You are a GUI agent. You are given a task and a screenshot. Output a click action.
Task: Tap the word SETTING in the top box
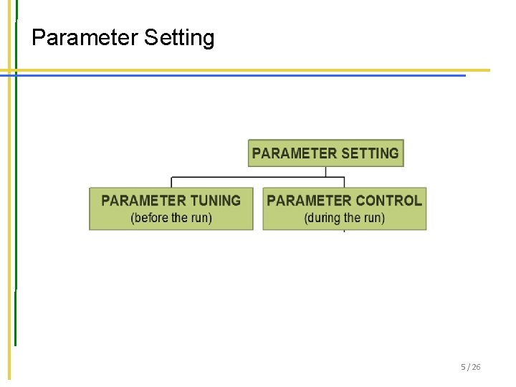click(370, 153)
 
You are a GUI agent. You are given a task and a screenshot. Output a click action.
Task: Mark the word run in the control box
click(372, 217)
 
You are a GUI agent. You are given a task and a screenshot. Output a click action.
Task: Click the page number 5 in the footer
click(464, 367)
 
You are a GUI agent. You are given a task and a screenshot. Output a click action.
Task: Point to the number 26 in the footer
click(477, 367)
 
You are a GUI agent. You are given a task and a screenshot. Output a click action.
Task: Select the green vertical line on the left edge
click(16, 215)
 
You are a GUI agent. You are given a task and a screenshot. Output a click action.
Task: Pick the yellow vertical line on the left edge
click(10, 215)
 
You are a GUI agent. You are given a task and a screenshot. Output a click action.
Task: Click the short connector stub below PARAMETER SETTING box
click(326, 171)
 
